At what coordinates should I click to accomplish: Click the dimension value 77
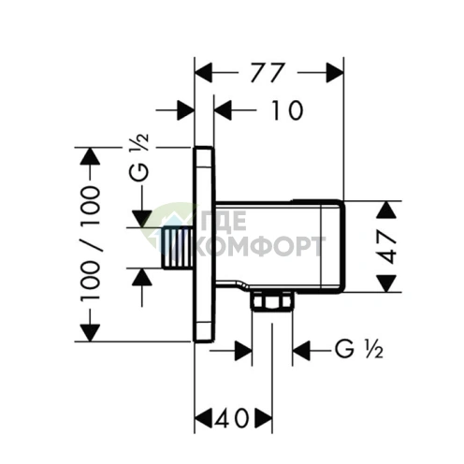pos(268,73)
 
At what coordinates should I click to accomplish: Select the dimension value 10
pos(287,110)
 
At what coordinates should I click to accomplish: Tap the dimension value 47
pos(386,247)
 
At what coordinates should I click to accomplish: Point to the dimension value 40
pos(232,418)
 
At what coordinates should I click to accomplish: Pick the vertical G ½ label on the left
pos(139,158)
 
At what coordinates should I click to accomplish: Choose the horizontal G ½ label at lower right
pos(359,349)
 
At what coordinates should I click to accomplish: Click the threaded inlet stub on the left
pos(177,248)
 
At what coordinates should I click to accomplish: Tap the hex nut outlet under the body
pos(272,301)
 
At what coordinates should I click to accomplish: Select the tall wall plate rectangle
pos(204,244)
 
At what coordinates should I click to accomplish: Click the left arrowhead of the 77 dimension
pos(203,73)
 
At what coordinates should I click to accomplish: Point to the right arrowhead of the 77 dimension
pos(335,73)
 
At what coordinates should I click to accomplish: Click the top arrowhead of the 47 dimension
pos(386,210)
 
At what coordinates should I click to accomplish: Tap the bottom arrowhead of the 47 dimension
pos(386,283)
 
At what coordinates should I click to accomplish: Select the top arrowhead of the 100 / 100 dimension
pos(90,156)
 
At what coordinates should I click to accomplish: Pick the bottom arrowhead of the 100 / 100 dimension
pos(90,333)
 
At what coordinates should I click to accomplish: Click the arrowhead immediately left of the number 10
pos(223,110)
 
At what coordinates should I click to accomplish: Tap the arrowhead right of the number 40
pos(264,418)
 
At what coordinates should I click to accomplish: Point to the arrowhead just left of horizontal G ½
pos(301,351)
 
